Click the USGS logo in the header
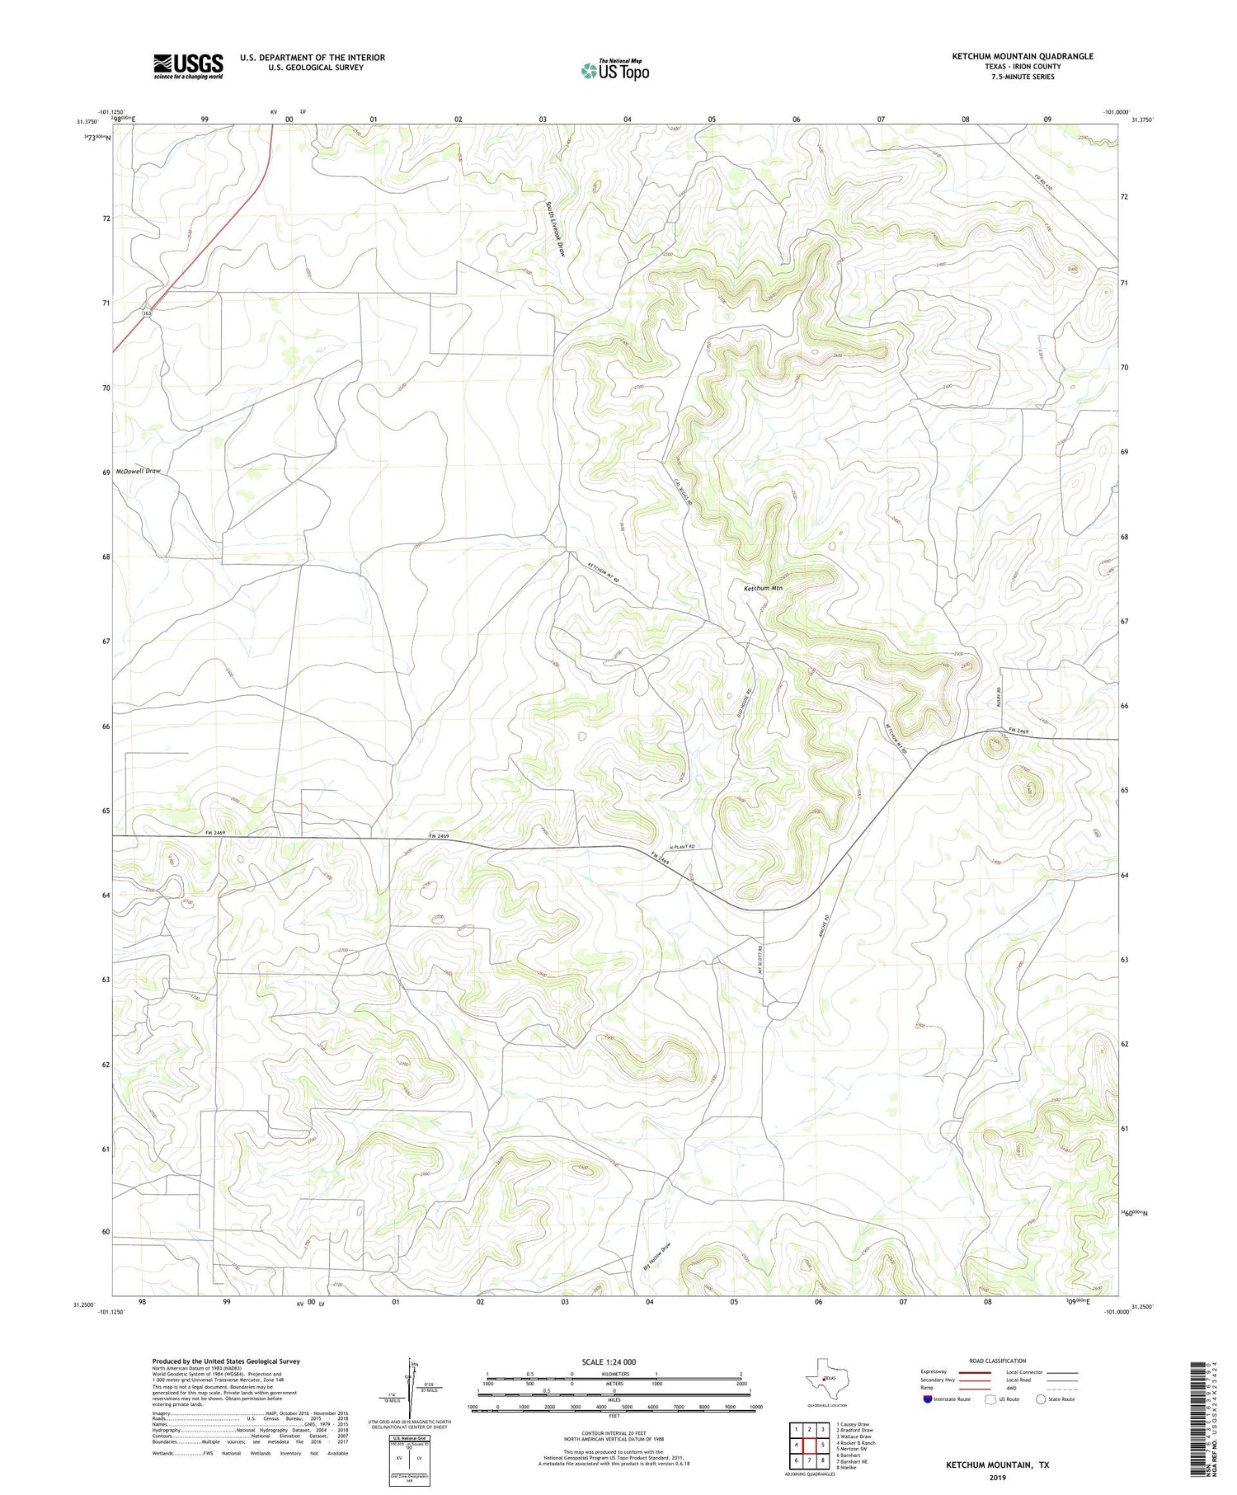pos(187,66)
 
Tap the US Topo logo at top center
pos(614,71)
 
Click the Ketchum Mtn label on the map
pos(762,588)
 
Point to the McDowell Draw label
pos(139,471)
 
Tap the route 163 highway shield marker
pos(147,313)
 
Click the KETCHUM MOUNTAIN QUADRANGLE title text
pos(1023,56)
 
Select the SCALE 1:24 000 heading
pos(609,1361)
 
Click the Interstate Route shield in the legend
pos(928,1399)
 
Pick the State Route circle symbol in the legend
pos(1041,1399)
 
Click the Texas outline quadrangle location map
pos(825,1378)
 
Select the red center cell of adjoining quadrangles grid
pos(809,1445)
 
